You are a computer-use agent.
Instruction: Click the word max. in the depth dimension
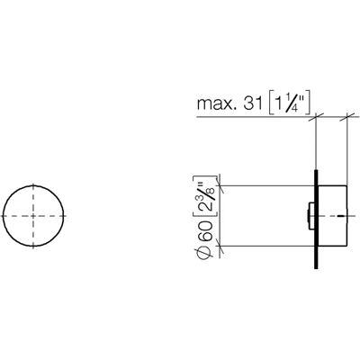coord(214,103)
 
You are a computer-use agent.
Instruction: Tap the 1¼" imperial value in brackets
coord(289,103)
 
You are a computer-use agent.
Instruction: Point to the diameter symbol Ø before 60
coord(205,251)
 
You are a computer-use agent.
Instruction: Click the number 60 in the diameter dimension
coord(205,231)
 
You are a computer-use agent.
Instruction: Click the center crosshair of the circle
coord(33,216)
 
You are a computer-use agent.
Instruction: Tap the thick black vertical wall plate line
coord(316,220)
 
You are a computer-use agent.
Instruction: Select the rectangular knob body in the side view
coord(332,216)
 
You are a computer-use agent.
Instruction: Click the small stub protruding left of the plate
coord(311,216)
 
